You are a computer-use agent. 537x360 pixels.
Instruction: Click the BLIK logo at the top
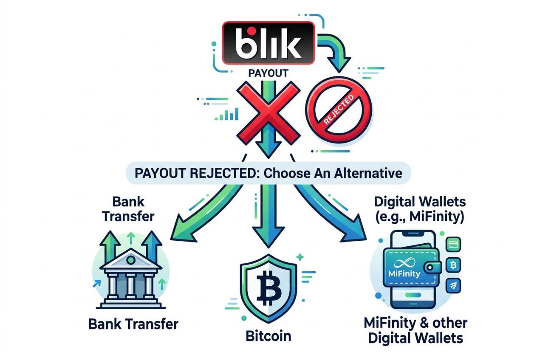click(268, 42)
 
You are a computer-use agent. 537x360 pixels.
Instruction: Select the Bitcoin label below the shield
click(268, 336)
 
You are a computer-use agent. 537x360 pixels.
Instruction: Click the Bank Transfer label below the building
click(133, 324)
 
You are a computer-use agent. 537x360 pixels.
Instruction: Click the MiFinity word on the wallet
click(404, 273)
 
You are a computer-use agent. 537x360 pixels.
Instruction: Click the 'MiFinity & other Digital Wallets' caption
click(415, 330)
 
